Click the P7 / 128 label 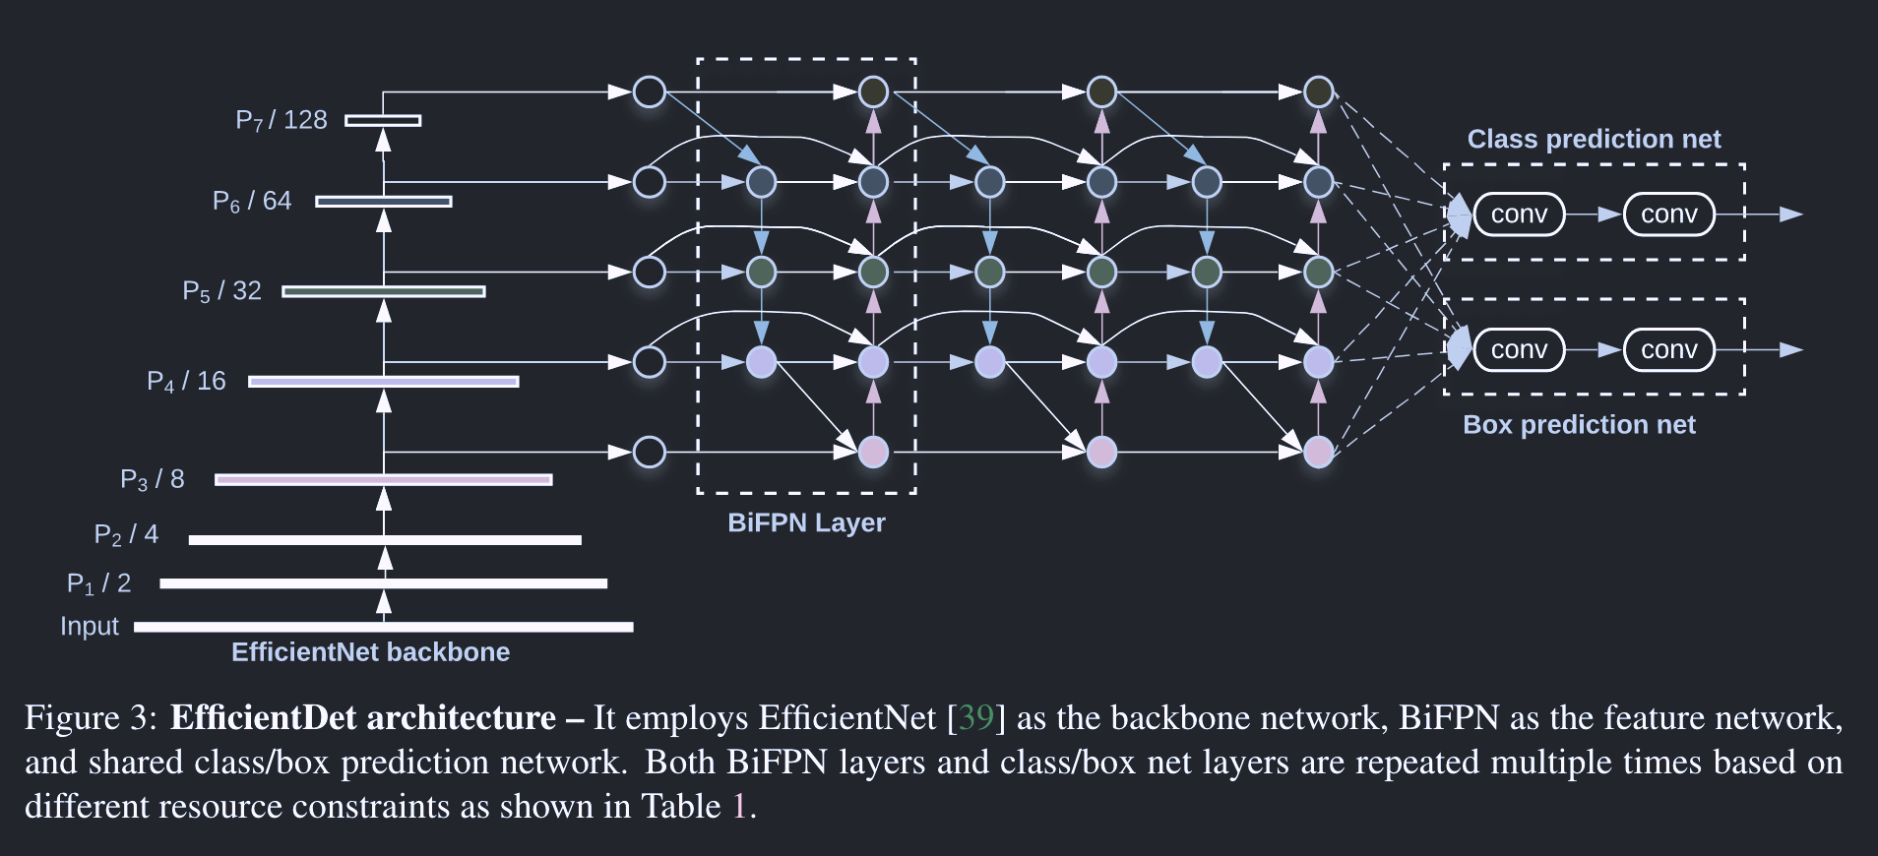(281, 120)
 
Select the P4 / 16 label (186, 382)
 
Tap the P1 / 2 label (98, 583)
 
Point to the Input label (89, 627)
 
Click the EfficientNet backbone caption (370, 652)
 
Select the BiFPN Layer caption (806, 522)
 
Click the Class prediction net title (1594, 139)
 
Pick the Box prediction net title (1579, 425)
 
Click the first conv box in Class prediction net (1519, 214)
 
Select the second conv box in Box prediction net (1668, 350)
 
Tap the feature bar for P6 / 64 (384, 202)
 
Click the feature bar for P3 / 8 (384, 480)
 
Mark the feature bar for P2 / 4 (385, 540)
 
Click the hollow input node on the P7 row (650, 92)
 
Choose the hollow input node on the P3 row (650, 453)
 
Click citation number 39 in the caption (975, 718)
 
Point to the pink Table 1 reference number (740, 807)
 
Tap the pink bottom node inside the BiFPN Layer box (873, 453)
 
